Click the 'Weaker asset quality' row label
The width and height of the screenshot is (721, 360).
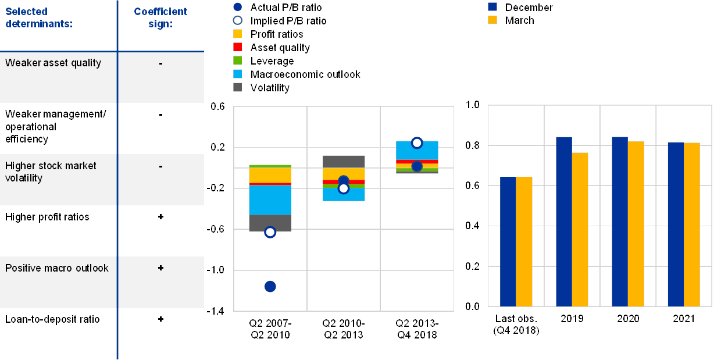pos(53,63)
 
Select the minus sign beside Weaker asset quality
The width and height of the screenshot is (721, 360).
pos(160,63)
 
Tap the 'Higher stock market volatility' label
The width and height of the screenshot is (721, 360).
pos(51,172)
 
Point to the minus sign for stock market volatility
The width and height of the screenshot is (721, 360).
pos(160,166)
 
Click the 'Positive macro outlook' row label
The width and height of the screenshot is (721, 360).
pos(57,268)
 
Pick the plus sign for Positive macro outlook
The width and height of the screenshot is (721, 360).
pos(160,268)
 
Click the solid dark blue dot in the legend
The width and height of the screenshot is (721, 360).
pos(237,8)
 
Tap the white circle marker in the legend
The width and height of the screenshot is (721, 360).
pos(237,21)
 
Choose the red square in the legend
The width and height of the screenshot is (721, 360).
pos(237,48)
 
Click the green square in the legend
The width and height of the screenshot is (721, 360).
pos(237,61)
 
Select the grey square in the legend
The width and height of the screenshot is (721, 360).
pos(237,88)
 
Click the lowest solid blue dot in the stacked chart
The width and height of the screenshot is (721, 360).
pos(270,286)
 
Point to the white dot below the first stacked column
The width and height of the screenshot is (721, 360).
pos(270,232)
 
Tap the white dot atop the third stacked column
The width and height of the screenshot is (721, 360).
pos(417,143)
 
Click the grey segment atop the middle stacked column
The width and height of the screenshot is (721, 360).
pos(344,162)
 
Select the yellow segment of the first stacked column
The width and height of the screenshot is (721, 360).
pos(270,175)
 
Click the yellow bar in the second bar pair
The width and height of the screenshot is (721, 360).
pos(580,229)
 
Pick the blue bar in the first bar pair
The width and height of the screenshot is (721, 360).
pos(508,241)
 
